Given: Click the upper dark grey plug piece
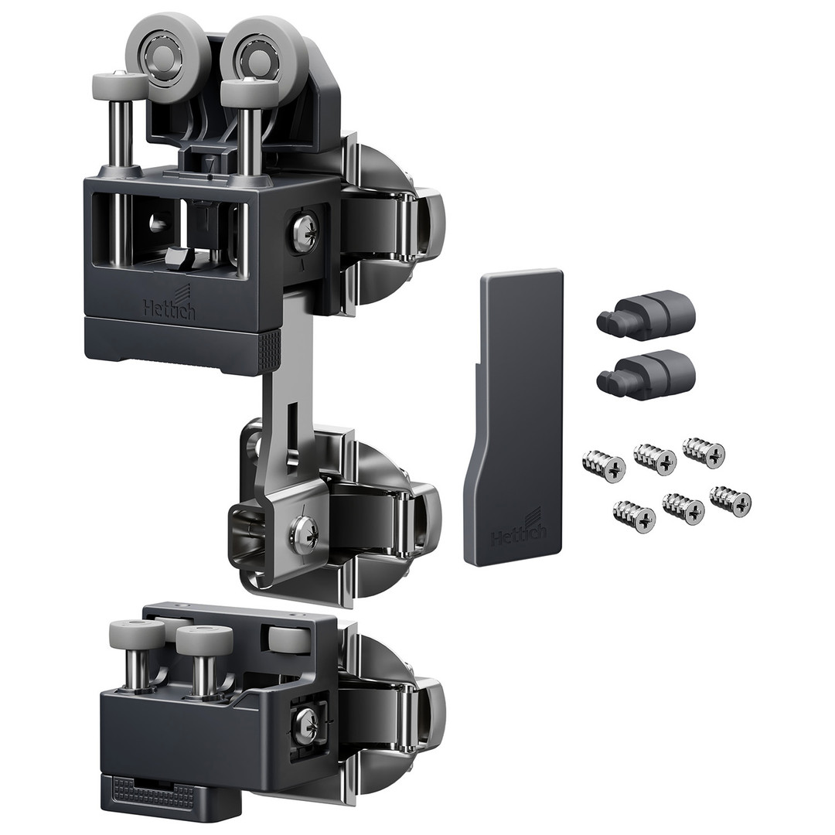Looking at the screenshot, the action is click(646, 315).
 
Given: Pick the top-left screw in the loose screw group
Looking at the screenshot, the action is click(604, 465).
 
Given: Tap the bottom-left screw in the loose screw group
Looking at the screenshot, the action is click(634, 515).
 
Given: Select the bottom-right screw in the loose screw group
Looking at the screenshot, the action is click(731, 500).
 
